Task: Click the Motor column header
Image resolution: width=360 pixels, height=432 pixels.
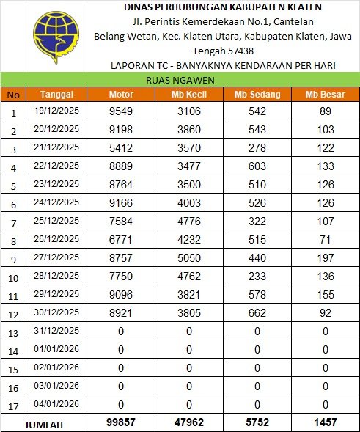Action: coord(121,95)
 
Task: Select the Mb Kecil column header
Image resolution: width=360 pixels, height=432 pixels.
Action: coord(188,95)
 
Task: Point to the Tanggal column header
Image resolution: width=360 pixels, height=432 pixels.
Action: coord(56,95)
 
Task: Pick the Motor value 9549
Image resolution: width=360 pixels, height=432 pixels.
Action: coord(121,111)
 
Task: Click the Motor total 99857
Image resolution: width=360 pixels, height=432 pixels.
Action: coord(121,423)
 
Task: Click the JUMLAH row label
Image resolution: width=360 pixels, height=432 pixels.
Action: coord(44,424)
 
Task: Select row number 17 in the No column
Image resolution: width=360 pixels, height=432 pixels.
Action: coord(13,406)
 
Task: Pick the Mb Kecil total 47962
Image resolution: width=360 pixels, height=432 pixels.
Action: coord(188,423)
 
